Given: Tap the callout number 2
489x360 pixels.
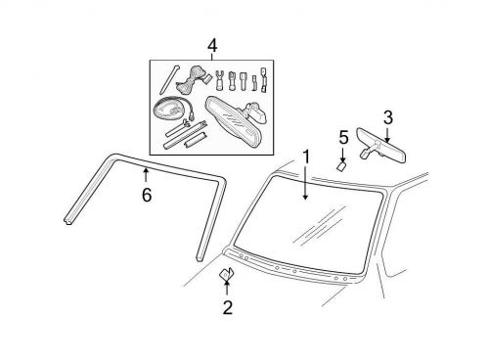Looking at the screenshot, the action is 227,310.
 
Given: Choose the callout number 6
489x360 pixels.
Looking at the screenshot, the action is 147,195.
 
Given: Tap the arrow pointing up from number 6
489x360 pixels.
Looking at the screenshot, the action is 147,176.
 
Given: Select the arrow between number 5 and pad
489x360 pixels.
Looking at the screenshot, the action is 343,152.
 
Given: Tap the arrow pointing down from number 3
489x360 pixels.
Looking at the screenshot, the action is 387,135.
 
